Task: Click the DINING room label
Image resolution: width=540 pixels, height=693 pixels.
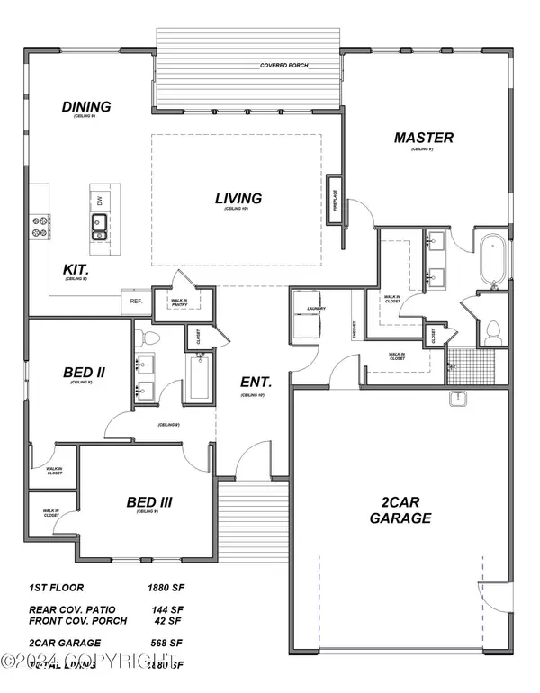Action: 86,107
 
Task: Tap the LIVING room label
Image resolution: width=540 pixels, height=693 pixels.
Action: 238,198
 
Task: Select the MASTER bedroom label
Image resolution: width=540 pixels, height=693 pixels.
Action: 423,138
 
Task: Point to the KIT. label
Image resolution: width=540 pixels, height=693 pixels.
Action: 75,268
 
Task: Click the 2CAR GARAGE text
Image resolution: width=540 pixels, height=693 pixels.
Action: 400,509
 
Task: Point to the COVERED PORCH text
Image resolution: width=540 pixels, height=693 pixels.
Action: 286,66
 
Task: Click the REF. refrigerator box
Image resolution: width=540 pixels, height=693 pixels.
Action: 137,301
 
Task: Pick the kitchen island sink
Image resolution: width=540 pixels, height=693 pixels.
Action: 97,226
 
